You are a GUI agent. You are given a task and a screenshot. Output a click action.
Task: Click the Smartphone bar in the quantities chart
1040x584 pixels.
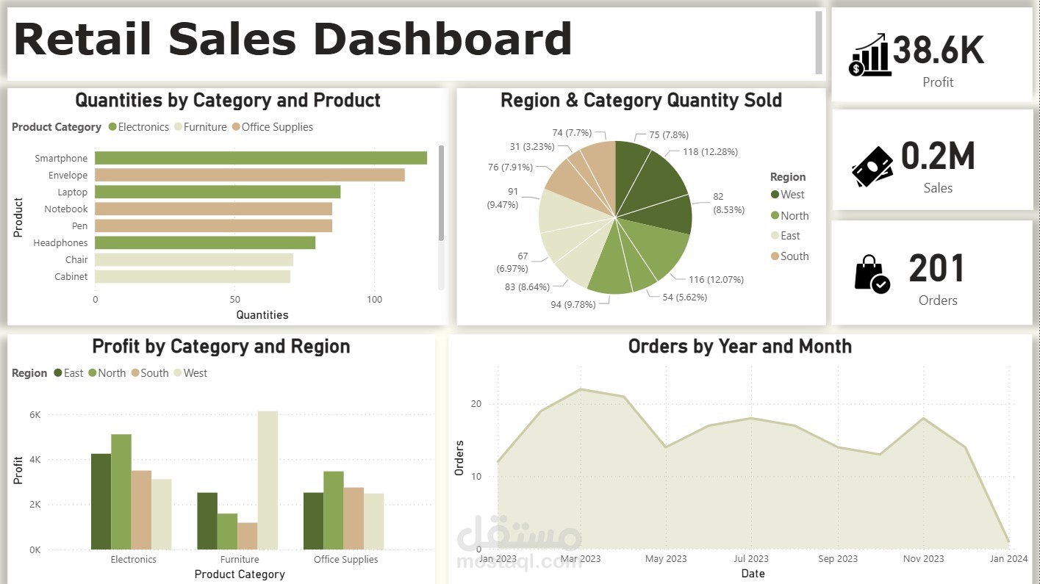260,158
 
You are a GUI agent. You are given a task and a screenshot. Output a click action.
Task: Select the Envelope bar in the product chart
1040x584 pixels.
249,175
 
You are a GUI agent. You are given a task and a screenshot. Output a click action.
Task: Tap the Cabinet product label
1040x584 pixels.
71,277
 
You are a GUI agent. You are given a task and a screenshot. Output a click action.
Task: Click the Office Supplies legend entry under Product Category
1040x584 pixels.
276,127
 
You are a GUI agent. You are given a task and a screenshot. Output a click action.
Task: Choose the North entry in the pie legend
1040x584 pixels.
794,216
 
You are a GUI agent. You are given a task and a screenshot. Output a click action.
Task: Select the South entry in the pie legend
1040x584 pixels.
794,256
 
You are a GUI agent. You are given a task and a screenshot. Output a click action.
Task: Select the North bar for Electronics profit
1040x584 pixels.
121,491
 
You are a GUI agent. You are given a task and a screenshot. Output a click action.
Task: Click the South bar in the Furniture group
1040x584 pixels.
248,536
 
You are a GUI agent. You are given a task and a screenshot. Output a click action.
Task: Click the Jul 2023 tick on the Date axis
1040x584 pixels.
751,559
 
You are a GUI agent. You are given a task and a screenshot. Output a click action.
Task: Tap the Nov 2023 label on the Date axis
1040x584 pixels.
923,559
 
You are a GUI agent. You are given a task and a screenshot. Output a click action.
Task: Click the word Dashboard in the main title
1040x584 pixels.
444,40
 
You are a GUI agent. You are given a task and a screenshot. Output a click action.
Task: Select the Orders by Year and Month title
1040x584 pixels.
739,347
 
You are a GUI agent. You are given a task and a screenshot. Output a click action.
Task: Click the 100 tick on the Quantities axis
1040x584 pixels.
374,300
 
